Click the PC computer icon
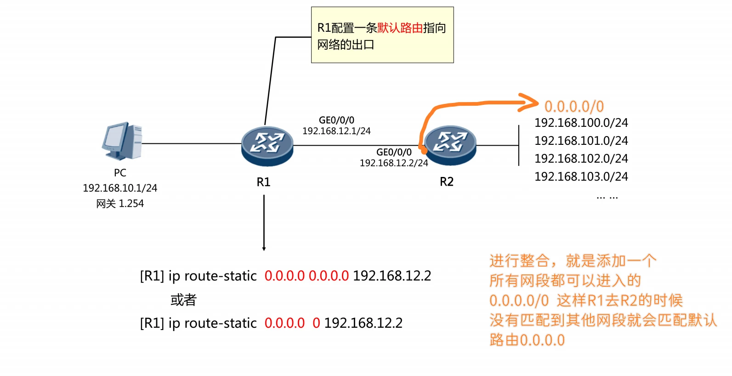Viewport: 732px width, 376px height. coord(122,141)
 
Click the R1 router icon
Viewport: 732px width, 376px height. coord(267,145)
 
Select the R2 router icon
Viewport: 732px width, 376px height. coord(450,144)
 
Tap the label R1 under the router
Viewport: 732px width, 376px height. coord(263,182)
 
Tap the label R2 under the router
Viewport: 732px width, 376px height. coord(447,182)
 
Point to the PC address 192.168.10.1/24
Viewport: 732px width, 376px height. coord(120,188)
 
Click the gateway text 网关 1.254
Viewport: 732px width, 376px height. coord(120,204)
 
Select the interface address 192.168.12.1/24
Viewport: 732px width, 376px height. coord(336,131)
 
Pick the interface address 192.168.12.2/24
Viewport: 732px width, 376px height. coord(394,163)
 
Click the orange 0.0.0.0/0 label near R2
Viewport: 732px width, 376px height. coord(574,107)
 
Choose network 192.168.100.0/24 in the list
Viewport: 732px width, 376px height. coord(581,123)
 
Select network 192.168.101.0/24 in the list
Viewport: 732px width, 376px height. coord(581,141)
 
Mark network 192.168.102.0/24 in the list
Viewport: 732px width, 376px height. coord(581,159)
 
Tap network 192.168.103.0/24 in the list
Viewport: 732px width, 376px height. coord(581,177)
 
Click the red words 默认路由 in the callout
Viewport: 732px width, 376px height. coord(400,28)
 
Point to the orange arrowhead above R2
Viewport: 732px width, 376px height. coord(531,103)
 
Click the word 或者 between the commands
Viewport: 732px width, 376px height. coord(183,300)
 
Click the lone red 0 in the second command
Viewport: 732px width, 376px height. coord(316,323)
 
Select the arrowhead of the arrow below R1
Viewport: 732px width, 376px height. coord(264,249)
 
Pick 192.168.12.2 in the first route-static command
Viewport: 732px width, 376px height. coord(392,276)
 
